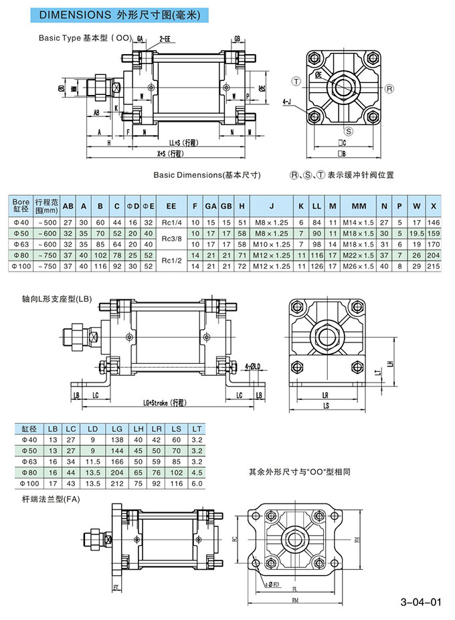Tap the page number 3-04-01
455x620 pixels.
[x=420, y=601]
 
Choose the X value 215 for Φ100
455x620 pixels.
[x=434, y=266]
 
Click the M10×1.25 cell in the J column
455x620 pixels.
[x=272, y=244]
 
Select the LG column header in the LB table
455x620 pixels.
[x=117, y=429]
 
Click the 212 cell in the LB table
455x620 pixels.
[x=117, y=483]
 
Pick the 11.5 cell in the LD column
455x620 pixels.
[x=93, y=461]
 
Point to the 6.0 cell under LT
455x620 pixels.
[x=196, y=483]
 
